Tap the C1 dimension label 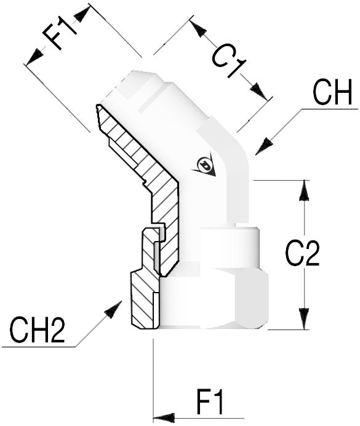point(228,62)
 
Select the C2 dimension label point(302,253)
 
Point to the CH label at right point(332,92)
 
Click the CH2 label point(38,329)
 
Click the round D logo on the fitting point(204,165)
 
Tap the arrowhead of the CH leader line point(264,147)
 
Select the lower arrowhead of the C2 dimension point(304,318)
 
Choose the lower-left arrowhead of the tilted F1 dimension point(34,57)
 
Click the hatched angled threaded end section point(128,141)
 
